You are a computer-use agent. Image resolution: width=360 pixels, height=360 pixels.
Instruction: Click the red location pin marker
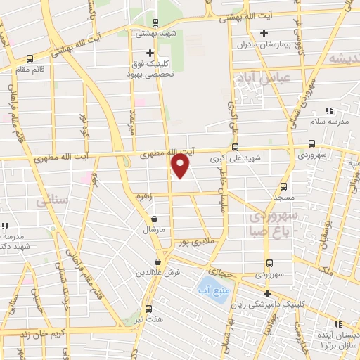(x=181, y=166)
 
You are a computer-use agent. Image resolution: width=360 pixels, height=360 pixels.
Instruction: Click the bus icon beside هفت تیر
(x=148, y=309)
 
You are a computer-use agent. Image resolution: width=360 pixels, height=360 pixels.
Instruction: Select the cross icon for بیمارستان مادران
(x=264, y=33)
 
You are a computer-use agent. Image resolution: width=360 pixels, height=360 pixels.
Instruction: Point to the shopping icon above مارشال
(x=154, y=219)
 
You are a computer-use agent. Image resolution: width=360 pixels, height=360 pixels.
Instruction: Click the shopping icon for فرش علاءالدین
(x=167, y=262)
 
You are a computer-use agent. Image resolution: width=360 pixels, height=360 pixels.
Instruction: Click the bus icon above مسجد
(x=283, y=186)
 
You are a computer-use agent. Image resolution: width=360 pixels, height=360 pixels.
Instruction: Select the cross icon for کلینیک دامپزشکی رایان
(x=266, y=293)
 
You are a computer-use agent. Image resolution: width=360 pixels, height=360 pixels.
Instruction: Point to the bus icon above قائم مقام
(x=30, y=59)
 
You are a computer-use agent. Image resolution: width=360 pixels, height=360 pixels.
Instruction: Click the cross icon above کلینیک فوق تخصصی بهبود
(x=149, y=53)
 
